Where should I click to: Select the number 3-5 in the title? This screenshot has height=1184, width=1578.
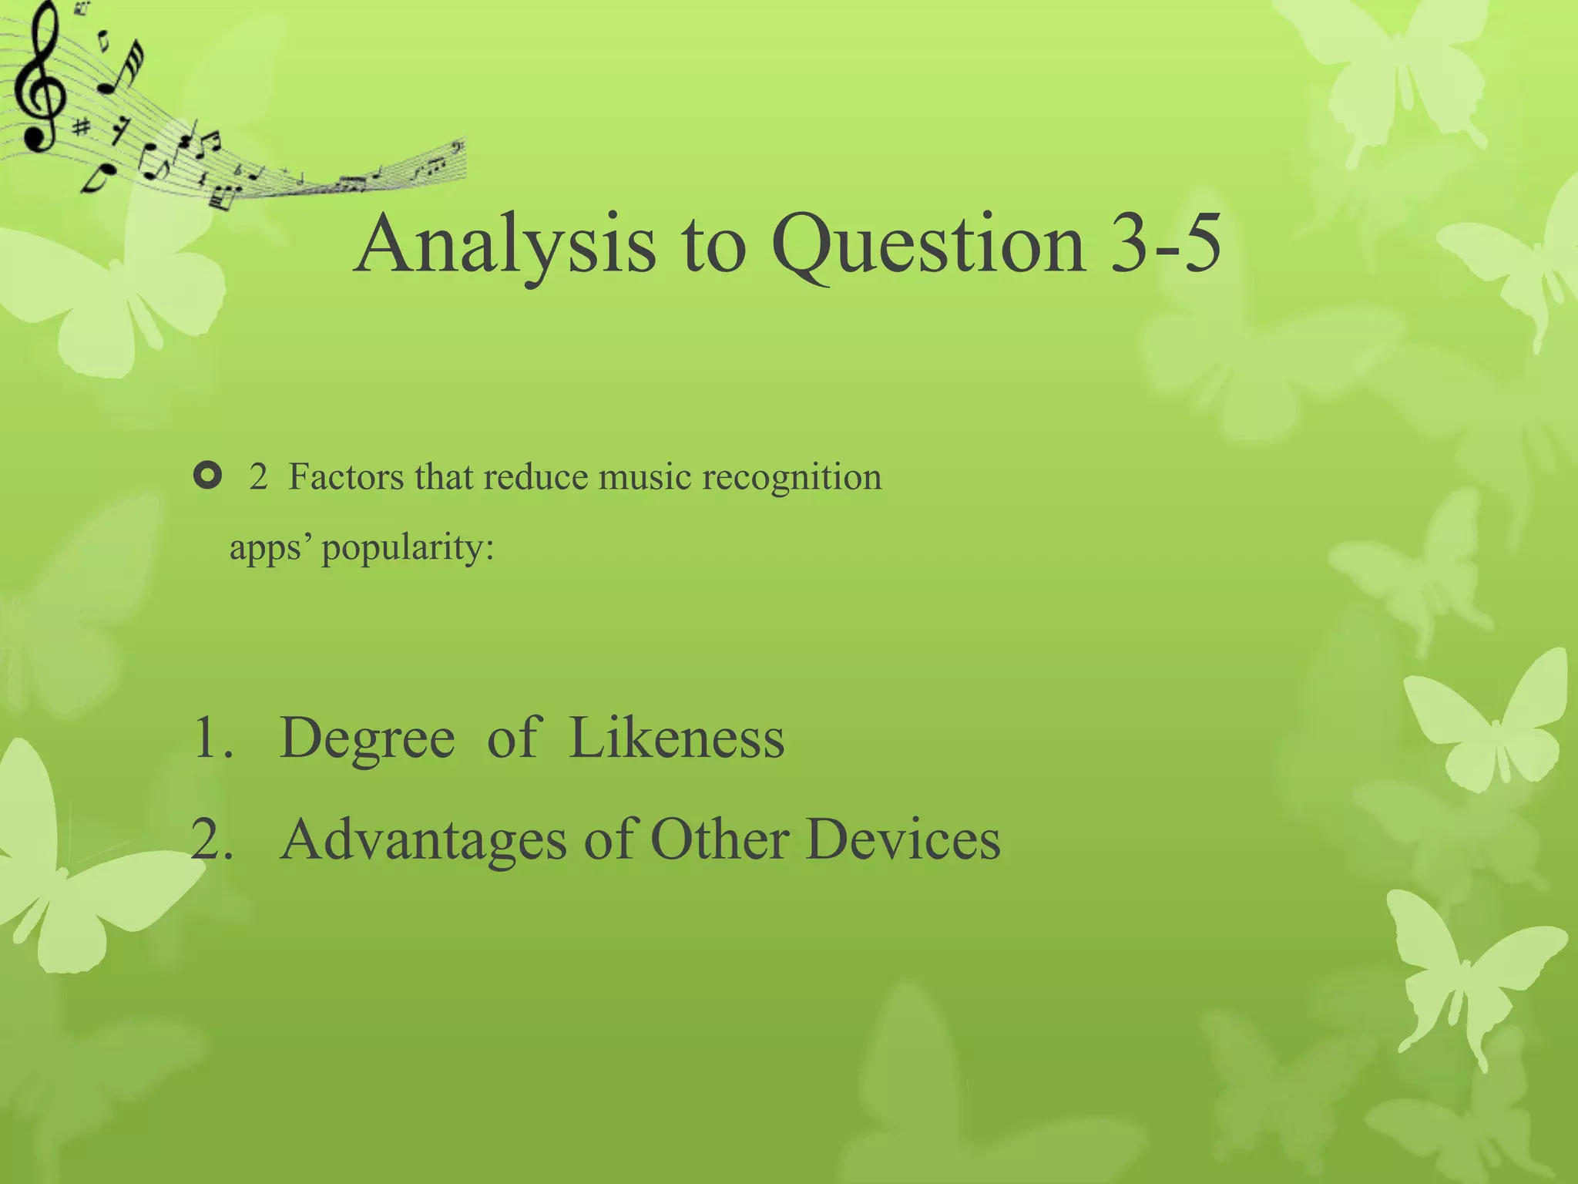[1165, 245]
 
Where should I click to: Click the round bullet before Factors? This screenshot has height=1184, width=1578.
[207, 476]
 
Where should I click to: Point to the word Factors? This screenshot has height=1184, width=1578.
[346, 476]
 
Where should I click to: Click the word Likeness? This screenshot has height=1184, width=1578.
[677, 738]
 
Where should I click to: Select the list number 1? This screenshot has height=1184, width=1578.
[211, 738]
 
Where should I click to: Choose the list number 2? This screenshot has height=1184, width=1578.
[211, 840]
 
